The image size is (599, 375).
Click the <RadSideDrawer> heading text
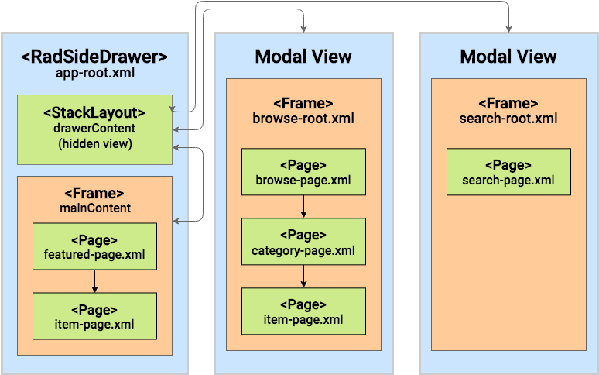coord(94,57)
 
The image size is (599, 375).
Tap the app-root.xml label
coord(94,74)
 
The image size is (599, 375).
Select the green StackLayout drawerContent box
coord(94,129)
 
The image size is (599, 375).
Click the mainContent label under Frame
coord(94,208)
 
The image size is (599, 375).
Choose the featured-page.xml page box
coord(94,247)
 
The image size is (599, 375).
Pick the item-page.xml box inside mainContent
coord(94,316)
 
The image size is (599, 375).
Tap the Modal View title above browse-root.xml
coord(303,57)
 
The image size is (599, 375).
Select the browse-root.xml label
coord(303,119)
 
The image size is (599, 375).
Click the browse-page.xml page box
coord(303,173)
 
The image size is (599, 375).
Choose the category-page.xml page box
coord(303,243)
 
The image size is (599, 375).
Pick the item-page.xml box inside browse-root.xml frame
coord(303,311)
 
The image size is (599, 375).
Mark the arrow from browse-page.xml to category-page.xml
coord(303,207)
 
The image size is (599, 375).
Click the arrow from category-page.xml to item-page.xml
coord(303,277)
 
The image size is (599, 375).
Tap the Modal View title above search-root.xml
coord(508,57)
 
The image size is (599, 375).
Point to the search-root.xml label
coord(508,119)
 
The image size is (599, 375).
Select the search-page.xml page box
coord(508,173)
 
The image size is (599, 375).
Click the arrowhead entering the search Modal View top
coord(508,29)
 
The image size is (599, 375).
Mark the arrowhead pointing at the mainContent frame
coord(177,222)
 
